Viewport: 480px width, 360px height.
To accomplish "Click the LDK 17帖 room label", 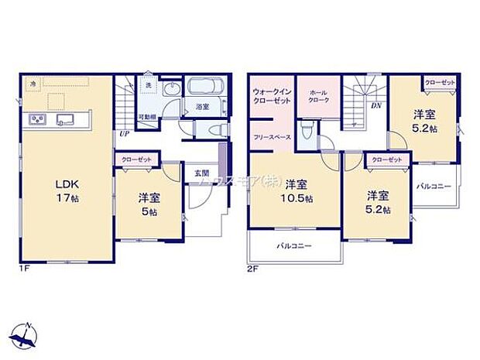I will click(x=66, y=190).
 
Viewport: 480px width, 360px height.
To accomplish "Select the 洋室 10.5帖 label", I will click(x=297, y=191).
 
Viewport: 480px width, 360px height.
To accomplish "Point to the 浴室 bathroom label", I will click(x=202, y=107).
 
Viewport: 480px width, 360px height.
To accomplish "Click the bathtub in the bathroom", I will click(x=204, y=87).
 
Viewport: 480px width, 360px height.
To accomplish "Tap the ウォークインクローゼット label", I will click(x=270, y=97).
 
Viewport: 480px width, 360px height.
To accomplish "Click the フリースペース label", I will click(x=271, y=136).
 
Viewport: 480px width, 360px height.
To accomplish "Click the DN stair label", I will click(x=375, y=106).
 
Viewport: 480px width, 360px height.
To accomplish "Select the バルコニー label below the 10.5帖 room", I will click(x=296, y=246).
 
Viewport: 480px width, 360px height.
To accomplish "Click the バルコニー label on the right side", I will click(x=434, y=187).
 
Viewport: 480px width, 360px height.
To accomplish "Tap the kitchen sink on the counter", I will click(x=63, y=119).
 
